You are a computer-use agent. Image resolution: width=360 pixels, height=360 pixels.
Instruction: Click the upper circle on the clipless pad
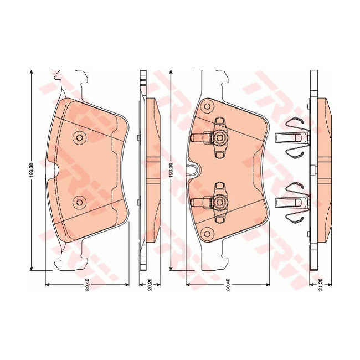(x=79, y=137)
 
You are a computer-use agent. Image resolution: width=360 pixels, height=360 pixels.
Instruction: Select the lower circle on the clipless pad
(x=79, y=203)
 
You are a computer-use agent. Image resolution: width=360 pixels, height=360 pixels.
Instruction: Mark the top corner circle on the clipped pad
(x=207, y=105)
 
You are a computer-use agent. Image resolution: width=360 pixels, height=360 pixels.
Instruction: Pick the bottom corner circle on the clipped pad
(x=207, y=233)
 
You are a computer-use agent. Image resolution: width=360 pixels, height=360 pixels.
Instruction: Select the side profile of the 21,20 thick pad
(x=322, y=169)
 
